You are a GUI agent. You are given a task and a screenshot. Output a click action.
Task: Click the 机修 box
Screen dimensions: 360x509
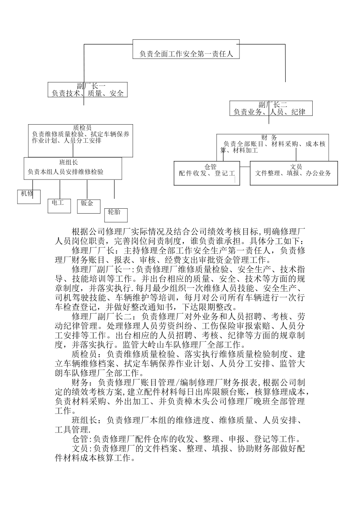[x=29, y=197]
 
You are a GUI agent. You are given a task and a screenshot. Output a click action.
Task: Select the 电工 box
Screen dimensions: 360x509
[x=58, y=205]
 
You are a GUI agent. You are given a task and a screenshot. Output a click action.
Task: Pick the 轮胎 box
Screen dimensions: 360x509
[x=116, y=214]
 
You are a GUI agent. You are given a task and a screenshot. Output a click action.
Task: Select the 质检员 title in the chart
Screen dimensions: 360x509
[x=82, y=128]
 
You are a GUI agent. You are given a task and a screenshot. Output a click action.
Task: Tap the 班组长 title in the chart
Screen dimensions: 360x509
[x=69, y=162]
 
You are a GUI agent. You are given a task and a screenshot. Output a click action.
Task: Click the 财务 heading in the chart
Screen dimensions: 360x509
[x=269, y=137]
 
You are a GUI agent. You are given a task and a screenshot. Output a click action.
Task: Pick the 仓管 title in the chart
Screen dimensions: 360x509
[x=210, y=167]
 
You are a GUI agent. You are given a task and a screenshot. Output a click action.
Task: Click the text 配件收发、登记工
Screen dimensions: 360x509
[x=207, y=173]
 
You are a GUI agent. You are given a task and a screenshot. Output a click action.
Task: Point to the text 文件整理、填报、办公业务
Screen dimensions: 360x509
[x=293, y=173]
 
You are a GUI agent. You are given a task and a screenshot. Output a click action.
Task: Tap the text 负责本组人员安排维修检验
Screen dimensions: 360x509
[x=66, y=172]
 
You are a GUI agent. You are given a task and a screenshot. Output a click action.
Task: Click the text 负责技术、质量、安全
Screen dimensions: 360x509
[x=88, y=93]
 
